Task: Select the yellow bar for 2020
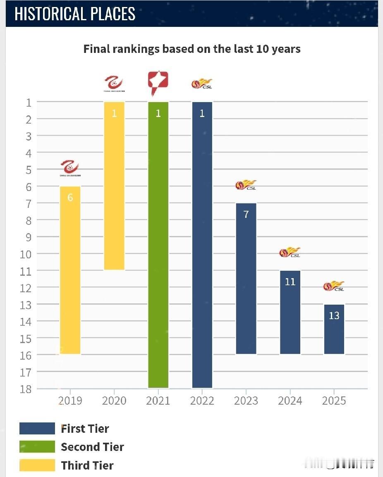click(x=114, y=186)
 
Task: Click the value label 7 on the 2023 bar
click(x=246, y=215)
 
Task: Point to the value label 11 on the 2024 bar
click(x=290, y=282)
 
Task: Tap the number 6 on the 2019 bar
click(x=70, y=198)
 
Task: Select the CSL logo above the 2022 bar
click(x=202, y=84)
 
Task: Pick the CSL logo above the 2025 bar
click(x=334, y=286)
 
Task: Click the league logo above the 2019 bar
click(x=70, y=168)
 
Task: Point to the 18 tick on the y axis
click(x=26, y=389)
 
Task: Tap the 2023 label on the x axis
click(x=246, y=401)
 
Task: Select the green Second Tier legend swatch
click(x=37, y=447)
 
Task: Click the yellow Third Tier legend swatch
click(x=37, y=465)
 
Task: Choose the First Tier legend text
click(x=85, y=429)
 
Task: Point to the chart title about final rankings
click(x=191, y=49)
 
